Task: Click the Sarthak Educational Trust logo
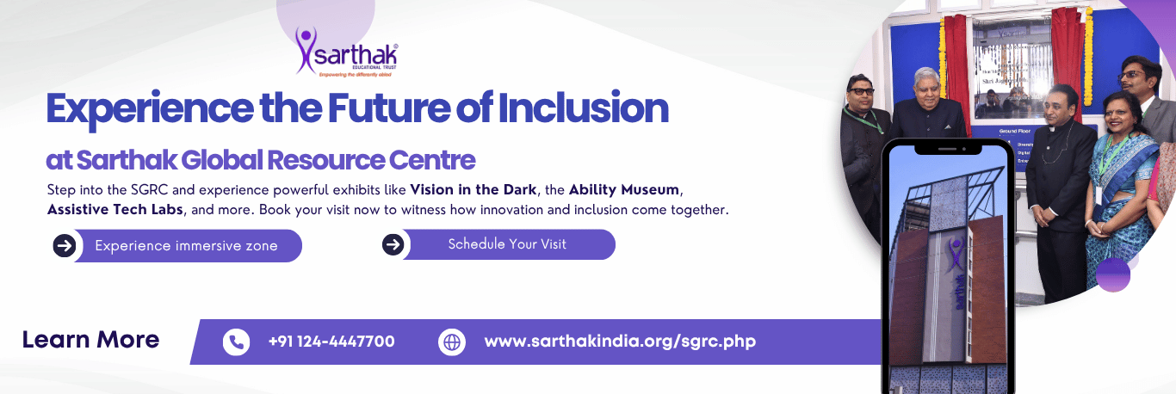tap(346, 52)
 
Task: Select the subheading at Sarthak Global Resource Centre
tap(261, 160)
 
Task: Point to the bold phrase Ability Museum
tap(624, 188)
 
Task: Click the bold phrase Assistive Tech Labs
tap(115, 209)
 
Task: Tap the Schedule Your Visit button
tap(508, 244)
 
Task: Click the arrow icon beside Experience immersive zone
tap(65, 246)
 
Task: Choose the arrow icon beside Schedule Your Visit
tap(393, 244)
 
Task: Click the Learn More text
tap(90, 340)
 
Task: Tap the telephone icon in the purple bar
tap(236, 342)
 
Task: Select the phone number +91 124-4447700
tap(331, 342)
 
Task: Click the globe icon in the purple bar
tap(451, 342)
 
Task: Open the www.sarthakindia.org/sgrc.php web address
tap(620, 342)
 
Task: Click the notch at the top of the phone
tap(946, 149)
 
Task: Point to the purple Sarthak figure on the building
tap(955, 256)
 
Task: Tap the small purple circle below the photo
tap(1113, 274)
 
